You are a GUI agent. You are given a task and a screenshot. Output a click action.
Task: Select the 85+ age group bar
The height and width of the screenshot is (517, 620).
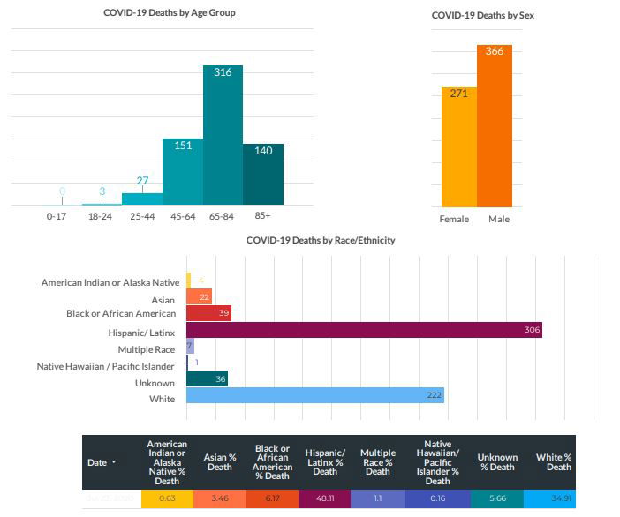pos(263,175)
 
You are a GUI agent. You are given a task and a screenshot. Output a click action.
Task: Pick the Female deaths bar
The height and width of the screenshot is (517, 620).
pos(459,146)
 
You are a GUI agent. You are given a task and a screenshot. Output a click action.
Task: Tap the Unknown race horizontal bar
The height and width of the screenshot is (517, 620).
pos(207,378)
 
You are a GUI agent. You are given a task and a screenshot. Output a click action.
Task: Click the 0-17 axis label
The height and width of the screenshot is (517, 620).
pos(56,215)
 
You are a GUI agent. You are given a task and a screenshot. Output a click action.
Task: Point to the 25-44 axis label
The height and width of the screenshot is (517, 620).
pos(141,215)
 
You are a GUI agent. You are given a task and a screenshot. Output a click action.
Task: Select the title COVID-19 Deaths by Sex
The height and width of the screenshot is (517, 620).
pos(482,15)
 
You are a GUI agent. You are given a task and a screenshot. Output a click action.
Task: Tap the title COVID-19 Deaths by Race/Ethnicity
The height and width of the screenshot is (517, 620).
pos(320,240)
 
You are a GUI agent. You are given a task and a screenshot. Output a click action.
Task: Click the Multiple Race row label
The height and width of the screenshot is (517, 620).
pos(146,349)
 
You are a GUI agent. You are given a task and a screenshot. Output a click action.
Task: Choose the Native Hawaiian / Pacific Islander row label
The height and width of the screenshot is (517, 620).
pos(105,366)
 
